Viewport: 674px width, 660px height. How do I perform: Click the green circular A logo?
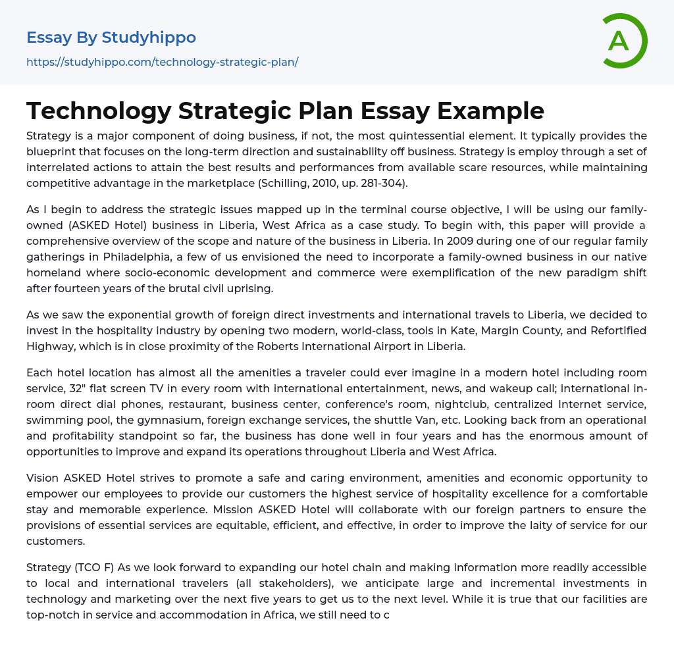tap(624, 41)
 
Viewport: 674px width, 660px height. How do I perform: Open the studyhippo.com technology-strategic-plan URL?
tap(162, 62)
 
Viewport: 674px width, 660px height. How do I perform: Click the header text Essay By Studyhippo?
tap(111, 38)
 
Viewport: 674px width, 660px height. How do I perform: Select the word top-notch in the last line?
tap(53, 599)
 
